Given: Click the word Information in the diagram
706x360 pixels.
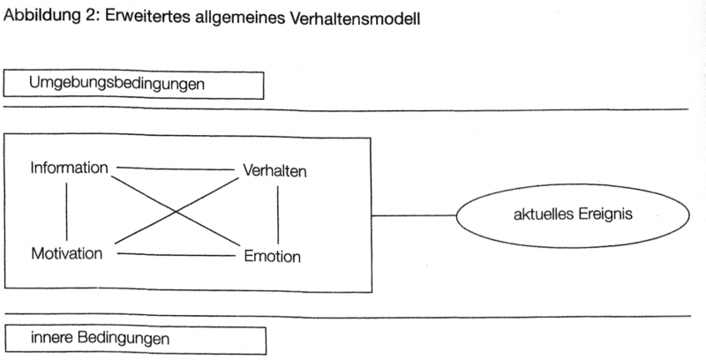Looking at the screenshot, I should click(x=70, y=168).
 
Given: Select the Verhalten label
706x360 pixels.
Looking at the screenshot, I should click(x=274, y=171).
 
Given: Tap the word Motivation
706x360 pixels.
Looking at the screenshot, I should click(x=67, y=254).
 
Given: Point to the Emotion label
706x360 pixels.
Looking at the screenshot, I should click(x=273, y=257).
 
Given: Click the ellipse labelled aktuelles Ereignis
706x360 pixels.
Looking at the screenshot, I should click(x=572, y=214).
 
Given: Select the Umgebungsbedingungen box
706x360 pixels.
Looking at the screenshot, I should click(x=134, y=85).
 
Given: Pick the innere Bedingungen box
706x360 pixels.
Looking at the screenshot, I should click(x=134, y=338).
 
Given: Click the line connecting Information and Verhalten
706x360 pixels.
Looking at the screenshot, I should click(x=173, y=168).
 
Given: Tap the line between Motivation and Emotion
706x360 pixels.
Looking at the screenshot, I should click(x=176, y=255).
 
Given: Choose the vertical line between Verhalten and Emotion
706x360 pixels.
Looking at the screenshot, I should click(x=278, y=214).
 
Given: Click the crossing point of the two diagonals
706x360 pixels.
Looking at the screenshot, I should click(x=176, y=212).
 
